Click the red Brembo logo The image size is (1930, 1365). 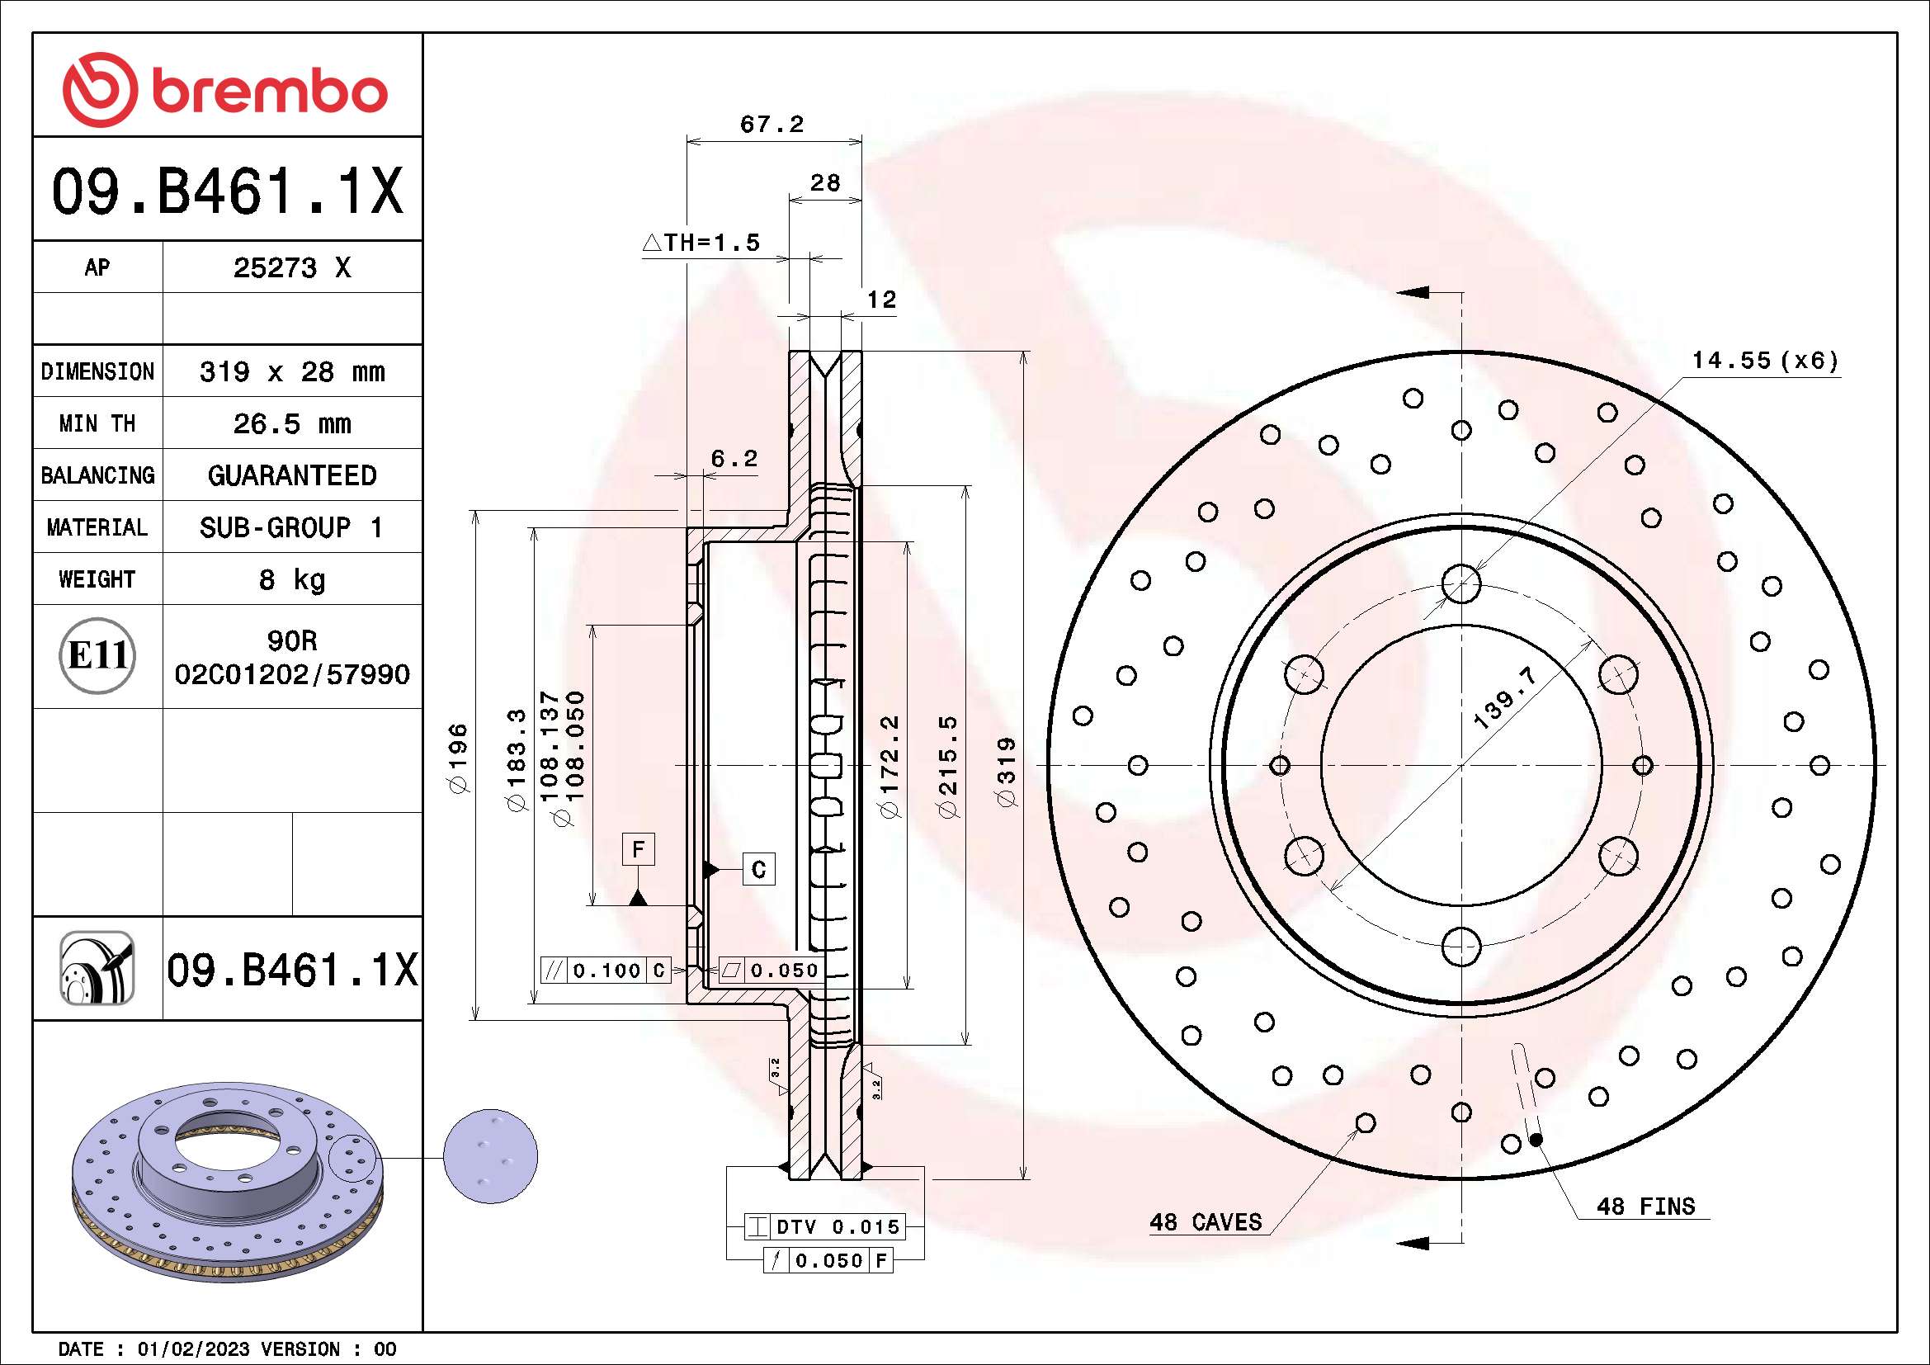[x=225, y=89]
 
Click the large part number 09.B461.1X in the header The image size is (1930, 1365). [x=227, y=191]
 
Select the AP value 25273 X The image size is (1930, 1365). [x=291, y=267]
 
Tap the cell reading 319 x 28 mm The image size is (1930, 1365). [x=291, y=371]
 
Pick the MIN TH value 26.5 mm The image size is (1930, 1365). [x=291, y=423]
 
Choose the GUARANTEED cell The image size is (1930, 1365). [x=291, y=475]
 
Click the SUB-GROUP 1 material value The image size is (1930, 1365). [x=291, y=527]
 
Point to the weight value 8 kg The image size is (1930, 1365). [x=291, y=579]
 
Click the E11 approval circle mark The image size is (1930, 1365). [x=97, y=655]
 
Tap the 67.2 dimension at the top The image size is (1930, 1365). [x=772, y=125]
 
